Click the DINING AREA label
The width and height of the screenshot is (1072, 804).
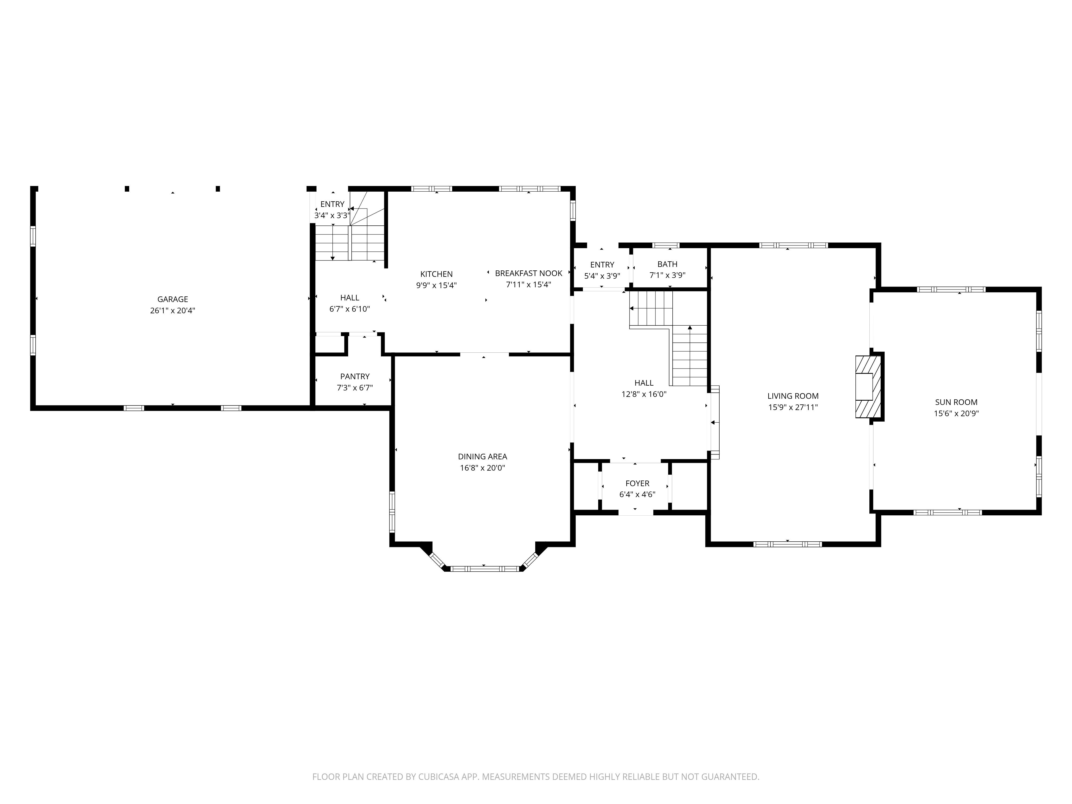[482, 456]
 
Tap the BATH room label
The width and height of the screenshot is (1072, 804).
[667, 264]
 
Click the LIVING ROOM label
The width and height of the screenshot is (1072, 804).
[793, 396]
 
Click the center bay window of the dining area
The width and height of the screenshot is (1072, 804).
[484, 568]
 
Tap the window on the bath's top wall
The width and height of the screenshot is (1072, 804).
[666, 245]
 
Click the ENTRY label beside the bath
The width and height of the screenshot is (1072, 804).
[602, 265]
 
